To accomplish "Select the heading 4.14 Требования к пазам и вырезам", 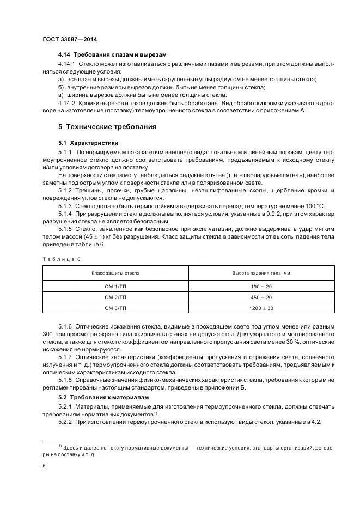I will [112, 55].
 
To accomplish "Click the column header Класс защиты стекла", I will [115, 272].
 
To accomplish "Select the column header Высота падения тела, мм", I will [260, 272].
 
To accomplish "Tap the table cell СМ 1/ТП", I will [115, 286].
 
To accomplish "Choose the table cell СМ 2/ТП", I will [115, 297].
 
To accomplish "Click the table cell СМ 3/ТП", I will [115, 308].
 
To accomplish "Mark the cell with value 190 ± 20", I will [260, 286].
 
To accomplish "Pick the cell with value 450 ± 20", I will [260, 297].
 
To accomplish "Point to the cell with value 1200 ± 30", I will [260, 308].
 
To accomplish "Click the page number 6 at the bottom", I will [44, 466].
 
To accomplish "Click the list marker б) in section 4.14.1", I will [61, 87].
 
